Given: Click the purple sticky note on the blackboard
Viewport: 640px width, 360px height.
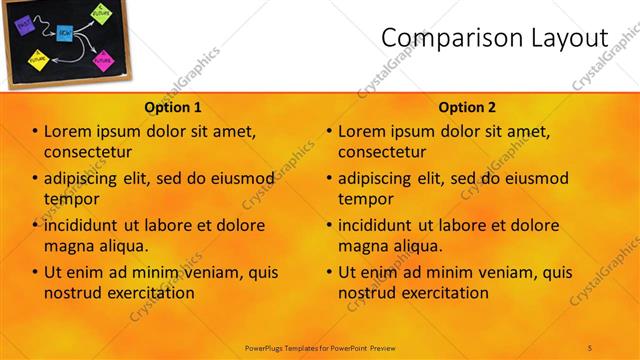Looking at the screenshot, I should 25,25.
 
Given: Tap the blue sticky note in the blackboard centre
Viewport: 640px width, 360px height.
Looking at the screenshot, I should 64,33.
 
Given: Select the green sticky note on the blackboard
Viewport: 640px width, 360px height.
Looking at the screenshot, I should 100,14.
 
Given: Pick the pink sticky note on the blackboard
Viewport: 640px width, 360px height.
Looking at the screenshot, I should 103,59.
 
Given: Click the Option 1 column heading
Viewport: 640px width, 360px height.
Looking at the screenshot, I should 173,107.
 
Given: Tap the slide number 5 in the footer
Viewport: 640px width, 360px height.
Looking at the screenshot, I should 590,347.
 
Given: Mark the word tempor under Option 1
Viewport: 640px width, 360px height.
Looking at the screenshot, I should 66,199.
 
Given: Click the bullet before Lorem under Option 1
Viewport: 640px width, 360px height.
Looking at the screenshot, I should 35,131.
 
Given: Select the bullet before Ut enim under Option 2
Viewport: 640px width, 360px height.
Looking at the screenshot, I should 329,272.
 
